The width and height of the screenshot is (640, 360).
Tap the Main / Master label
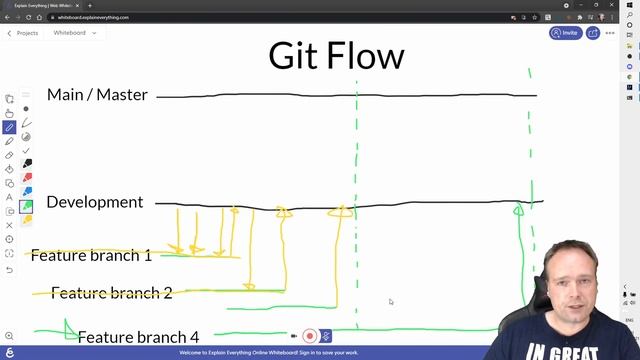(x=97, y=95)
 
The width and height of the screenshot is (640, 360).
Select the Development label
(x=95, y=202)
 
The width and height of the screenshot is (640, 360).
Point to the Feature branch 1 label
(x=91, y=255)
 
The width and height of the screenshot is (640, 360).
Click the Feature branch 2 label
(x=111, y=293)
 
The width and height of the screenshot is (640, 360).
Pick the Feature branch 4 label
(x=138, y=337)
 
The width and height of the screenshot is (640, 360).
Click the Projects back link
(x=23, y=33)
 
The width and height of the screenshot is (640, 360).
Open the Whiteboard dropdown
(x=75, y=33)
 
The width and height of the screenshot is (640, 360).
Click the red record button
(x=310, y=337)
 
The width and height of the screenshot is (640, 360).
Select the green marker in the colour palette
(x=26, y=206)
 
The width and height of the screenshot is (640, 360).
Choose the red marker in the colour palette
(x=26, y=178)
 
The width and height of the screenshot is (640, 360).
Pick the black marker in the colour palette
(x=26, y=164)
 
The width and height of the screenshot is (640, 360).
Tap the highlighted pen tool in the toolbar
(x=9, y=128)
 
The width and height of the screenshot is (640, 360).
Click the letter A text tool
(x=9, y=197)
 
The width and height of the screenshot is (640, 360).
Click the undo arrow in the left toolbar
(x=9, y=269)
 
